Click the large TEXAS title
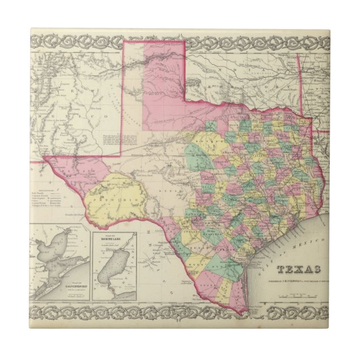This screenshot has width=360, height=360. click(301, 270)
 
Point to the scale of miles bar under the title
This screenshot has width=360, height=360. click(302, 289)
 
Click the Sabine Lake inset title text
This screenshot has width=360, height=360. click(108, 239)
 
